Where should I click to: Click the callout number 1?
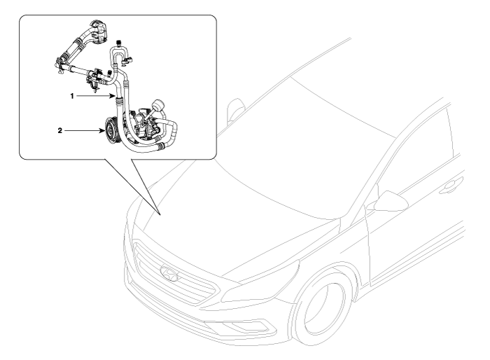click(x=72, y=96)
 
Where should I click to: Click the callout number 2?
click(x=60, y=130)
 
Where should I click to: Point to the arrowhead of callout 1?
click(x=113, y=97)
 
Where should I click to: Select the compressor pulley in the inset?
click(x=111, y=130)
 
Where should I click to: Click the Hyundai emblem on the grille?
click(x=169, y=272)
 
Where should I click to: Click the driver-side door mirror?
click(x=391, y=201)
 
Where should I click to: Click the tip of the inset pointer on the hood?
click(x=160, y=215)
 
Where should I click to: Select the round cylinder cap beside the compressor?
click(x=159, y=105)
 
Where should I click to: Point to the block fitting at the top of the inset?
click(x=99, y=31)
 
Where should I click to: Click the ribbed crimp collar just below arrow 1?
click(x=120, y=101)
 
